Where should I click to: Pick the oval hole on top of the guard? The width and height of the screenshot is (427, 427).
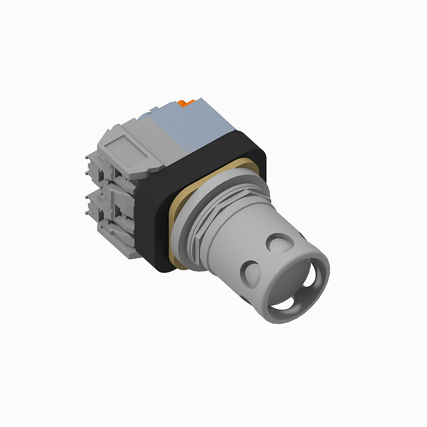(x=280, y=243)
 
